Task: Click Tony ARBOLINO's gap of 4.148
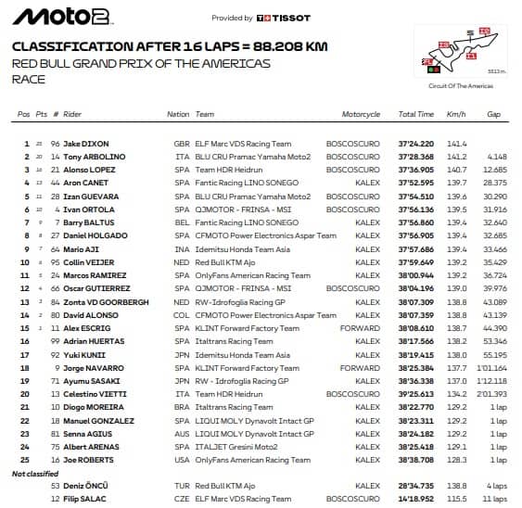(x=496, y=158)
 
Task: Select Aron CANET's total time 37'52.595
(x=415, y=184)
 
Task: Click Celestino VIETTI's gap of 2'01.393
(x=491, y=394)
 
